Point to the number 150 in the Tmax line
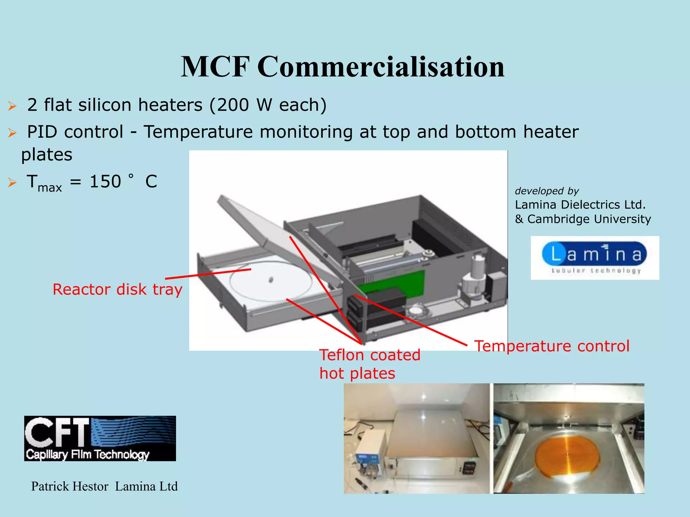pyautogui.click(x=105, y=182)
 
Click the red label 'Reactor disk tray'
pyautogui.click(x=117, y=289)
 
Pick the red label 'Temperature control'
pyautogui.click(x=552, y=346)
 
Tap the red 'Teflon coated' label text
pyautogui.click(x=370, y=355)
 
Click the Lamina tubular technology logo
pyautogui.click(x=595, y=258)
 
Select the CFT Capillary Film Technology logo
pyautogui.click(x=100, y=438)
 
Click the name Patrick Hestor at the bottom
pyautogui.click(x=70, y=486)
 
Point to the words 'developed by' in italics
pyautogui.click(x=546, y=191)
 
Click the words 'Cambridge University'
pyautogui.click(x=589, y=219)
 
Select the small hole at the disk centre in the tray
pyautogui.click(x=271, y=279)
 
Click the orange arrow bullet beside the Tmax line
pyautogui.click(x=12, y=183)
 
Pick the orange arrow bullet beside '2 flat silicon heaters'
pyautogui.click(x=12, y=106)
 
